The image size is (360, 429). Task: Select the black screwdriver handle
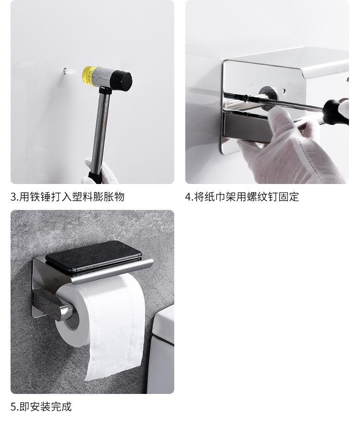coord(335,112)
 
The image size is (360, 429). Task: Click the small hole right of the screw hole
coord(284,90)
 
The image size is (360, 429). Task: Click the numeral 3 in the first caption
coord(13,197)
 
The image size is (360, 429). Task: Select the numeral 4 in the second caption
coord(189,197)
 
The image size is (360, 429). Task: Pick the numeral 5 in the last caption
coord(13,407)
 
